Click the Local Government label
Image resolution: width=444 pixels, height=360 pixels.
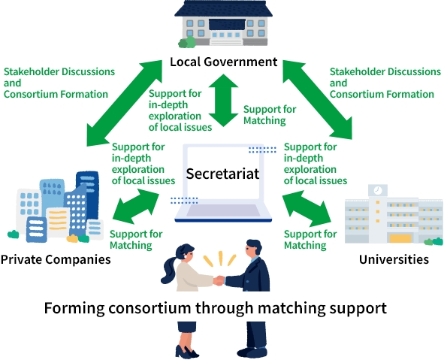224,62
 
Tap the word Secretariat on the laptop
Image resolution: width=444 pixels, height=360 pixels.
222,174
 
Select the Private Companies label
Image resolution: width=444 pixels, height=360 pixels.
56,259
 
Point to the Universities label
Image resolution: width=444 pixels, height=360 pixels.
394,259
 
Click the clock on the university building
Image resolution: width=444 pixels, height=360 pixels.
377,190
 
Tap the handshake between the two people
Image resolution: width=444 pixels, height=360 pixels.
219,280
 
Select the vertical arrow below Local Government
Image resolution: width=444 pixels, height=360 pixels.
223,100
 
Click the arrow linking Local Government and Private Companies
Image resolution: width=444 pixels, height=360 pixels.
124,103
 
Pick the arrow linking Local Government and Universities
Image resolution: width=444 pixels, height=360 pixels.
318,100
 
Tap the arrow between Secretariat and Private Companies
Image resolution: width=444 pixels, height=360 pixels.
136,206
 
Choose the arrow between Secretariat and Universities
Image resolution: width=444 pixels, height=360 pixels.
307,208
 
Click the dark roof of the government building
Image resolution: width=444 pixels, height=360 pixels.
223,9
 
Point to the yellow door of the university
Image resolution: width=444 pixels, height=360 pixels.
400,238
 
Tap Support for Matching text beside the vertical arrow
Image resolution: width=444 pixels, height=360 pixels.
270,115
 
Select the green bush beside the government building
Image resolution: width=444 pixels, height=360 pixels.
187,42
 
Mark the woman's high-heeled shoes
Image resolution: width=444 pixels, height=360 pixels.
186,352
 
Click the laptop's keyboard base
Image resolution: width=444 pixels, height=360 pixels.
223,212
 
